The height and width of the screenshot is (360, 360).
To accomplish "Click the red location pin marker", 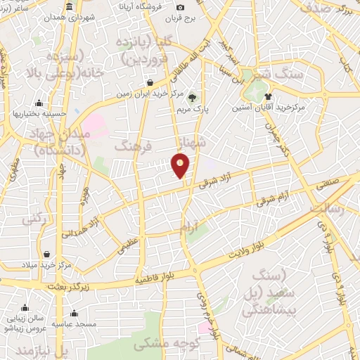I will [x=180, y=165].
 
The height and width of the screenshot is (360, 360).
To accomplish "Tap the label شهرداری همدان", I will [x=70, y=19].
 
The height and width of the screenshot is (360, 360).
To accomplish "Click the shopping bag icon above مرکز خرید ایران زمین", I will [x=150, y=82].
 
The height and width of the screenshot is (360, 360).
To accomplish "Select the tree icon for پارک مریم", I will [x=193, y=98].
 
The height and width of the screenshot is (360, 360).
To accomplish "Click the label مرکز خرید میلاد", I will [x=46, y=264].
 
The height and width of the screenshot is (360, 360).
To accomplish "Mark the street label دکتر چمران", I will [x=276, y=137].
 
